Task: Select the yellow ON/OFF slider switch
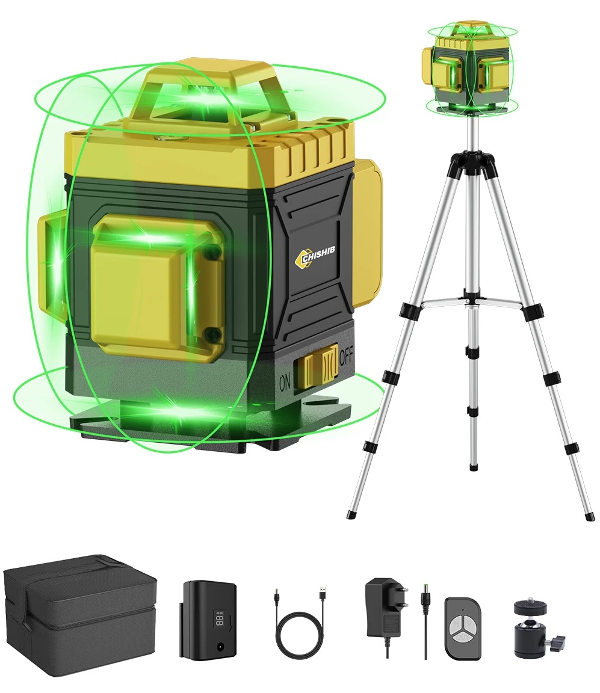(318, 365)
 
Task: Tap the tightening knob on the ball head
(559, 639)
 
